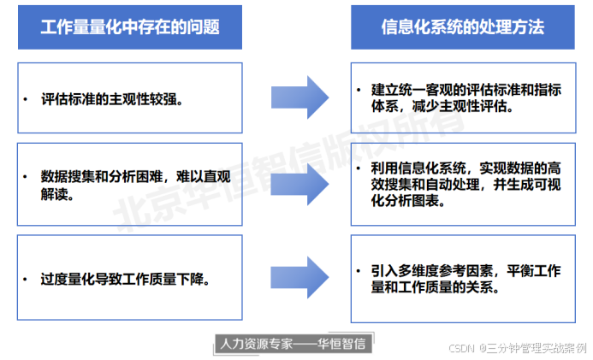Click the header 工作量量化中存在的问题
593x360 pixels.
pos(130,27)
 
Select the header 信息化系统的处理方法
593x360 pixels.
pos(462,27)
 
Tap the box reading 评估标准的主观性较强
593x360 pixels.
pos(130,98)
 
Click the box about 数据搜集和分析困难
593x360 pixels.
pos(130,185)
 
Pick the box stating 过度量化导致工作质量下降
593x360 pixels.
pos(130,279)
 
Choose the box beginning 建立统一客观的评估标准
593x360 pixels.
pos(462,98)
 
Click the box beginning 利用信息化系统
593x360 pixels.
pos(462,185)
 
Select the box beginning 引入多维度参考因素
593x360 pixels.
pos(462,279)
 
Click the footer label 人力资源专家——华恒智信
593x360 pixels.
pos(292,343)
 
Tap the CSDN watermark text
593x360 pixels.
pos(519,349)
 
